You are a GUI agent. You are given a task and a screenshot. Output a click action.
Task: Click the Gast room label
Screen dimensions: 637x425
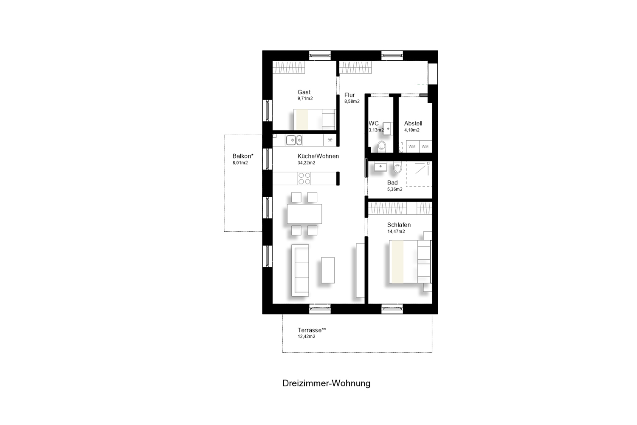coord(304,92)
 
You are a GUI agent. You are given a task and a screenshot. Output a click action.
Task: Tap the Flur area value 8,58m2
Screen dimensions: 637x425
coord(352,101)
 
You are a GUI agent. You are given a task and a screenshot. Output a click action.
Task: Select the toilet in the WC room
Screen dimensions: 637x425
coord(381,146)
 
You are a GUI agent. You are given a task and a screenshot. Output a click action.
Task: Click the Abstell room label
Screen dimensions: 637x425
coord(413,124)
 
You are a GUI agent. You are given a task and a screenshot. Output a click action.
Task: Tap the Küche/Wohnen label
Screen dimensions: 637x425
coord(318,156)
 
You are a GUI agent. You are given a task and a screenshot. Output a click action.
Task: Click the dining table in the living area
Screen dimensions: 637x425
coord(304,214)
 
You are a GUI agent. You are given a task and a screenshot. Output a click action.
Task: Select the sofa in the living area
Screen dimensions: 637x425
coord(300,270)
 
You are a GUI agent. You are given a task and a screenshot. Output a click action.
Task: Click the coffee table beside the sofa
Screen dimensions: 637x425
coord(328,270)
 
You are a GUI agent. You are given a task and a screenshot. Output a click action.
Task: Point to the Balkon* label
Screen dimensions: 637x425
coord(243,156)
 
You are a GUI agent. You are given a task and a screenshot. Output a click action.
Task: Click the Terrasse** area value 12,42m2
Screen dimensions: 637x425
coord(306,337)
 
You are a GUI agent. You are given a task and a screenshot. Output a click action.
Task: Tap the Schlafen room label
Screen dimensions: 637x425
coord(399,224)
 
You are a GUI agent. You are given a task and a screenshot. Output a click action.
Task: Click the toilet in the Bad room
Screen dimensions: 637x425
coord(397,167)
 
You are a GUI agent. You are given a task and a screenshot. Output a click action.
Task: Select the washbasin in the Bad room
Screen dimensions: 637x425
coord(381,167)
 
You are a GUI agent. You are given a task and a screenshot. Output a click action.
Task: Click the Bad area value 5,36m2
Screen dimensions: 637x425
coord(395,189)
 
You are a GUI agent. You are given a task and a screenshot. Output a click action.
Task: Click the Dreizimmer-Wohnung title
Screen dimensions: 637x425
coord(326,383)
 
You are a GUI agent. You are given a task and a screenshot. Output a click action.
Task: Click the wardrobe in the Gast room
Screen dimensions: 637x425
coord(289,67)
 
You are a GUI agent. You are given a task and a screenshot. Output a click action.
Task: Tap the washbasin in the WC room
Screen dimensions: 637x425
coord(388,129)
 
